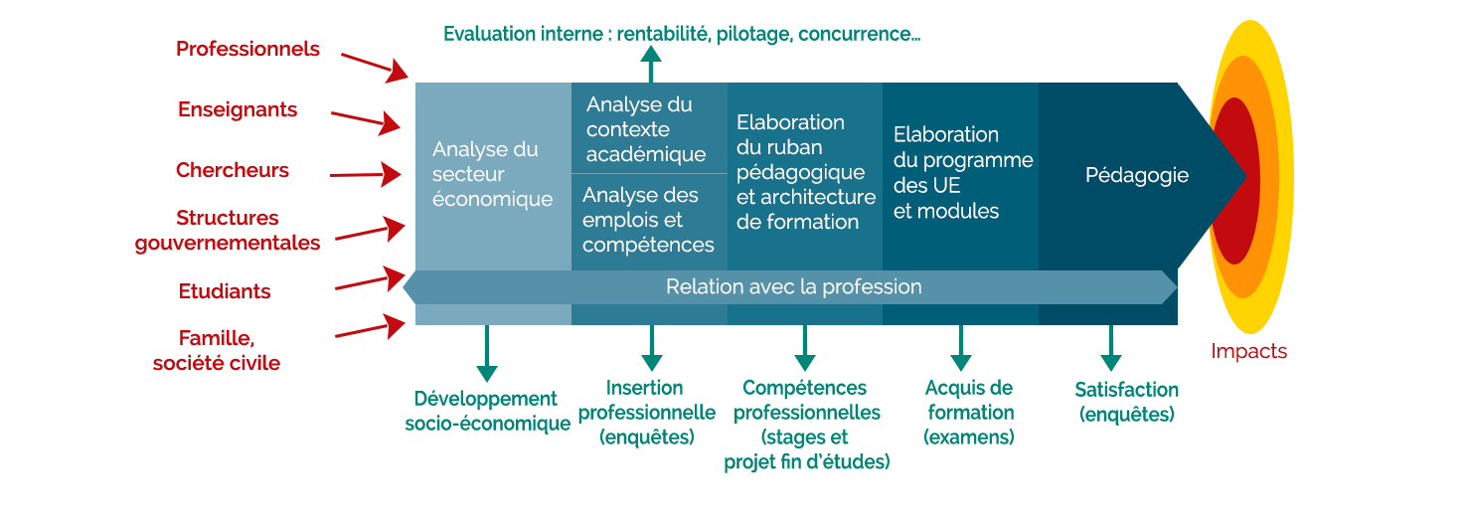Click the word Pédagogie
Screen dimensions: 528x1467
tap(1136, 176)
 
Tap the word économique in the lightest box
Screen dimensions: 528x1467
tap(492, 199)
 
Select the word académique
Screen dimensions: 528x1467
tap(645, 154)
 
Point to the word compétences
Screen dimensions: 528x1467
tap(648, 245)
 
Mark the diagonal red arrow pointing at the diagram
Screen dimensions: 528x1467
tap(378, 66)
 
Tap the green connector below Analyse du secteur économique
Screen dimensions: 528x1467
tap(486, 353)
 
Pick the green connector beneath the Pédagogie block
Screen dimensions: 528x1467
tap(1110, 349)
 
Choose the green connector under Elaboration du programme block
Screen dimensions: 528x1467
tap(960, 349)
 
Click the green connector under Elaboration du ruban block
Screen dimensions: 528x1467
tap(804, 349)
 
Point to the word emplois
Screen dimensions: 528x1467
tap(612, 220)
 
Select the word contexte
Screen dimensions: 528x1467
tap(628, 129)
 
